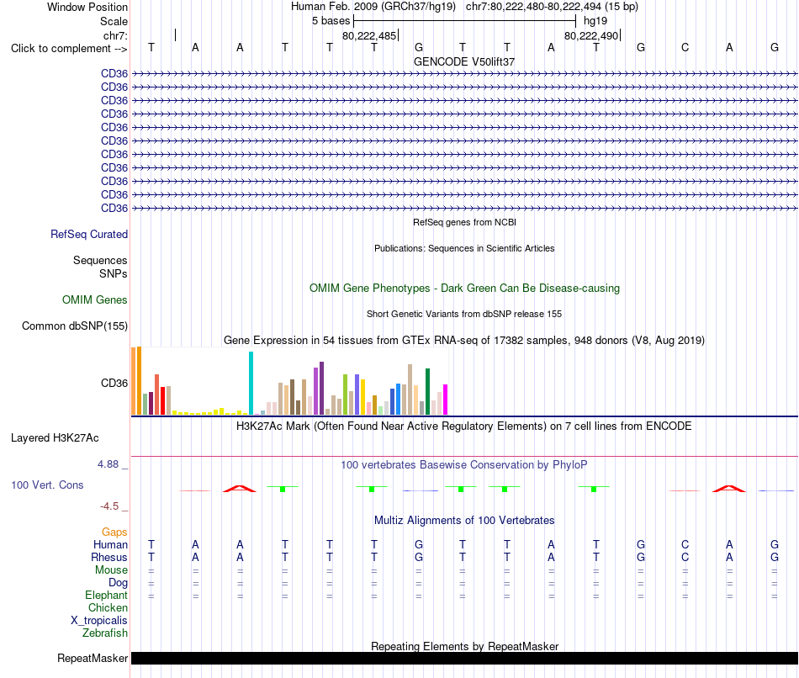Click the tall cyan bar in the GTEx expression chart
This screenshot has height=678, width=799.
click(x=251, y=383)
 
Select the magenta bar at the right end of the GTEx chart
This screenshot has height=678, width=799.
click(x=446, y=400)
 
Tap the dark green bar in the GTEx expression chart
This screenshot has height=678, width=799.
click(x=428, y=391)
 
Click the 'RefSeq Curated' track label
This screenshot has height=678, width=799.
click(x=89, y=234)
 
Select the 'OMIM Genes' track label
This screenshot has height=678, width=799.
click(x=95, y=299)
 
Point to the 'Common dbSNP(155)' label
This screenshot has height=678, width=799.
click(x=75, y=326)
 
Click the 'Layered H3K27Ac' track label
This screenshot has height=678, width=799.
click(x=55, y=438)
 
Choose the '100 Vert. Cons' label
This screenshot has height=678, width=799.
click(x=47, y=485)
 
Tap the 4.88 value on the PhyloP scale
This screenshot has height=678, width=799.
click(x=108, y=463)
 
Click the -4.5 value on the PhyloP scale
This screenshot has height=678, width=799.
click(x=109, y=506)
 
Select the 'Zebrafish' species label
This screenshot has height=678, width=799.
click(x=105, y=633)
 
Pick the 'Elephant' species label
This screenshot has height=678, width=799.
click(x=107, y=596)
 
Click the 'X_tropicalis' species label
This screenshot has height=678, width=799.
click(x=99, y=621)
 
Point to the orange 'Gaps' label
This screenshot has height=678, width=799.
click(x=114, y=532)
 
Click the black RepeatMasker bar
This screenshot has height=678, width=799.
click(x=464, y=658)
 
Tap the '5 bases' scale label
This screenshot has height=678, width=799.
click(x=331, y=21)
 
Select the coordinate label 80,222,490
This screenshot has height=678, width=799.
click(x=591, y=35)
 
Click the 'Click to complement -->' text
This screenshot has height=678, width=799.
click(x=69, y=49)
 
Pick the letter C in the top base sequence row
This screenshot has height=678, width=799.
click(x=685, y=47)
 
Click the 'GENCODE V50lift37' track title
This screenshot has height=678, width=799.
click(x=464, y=61)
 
